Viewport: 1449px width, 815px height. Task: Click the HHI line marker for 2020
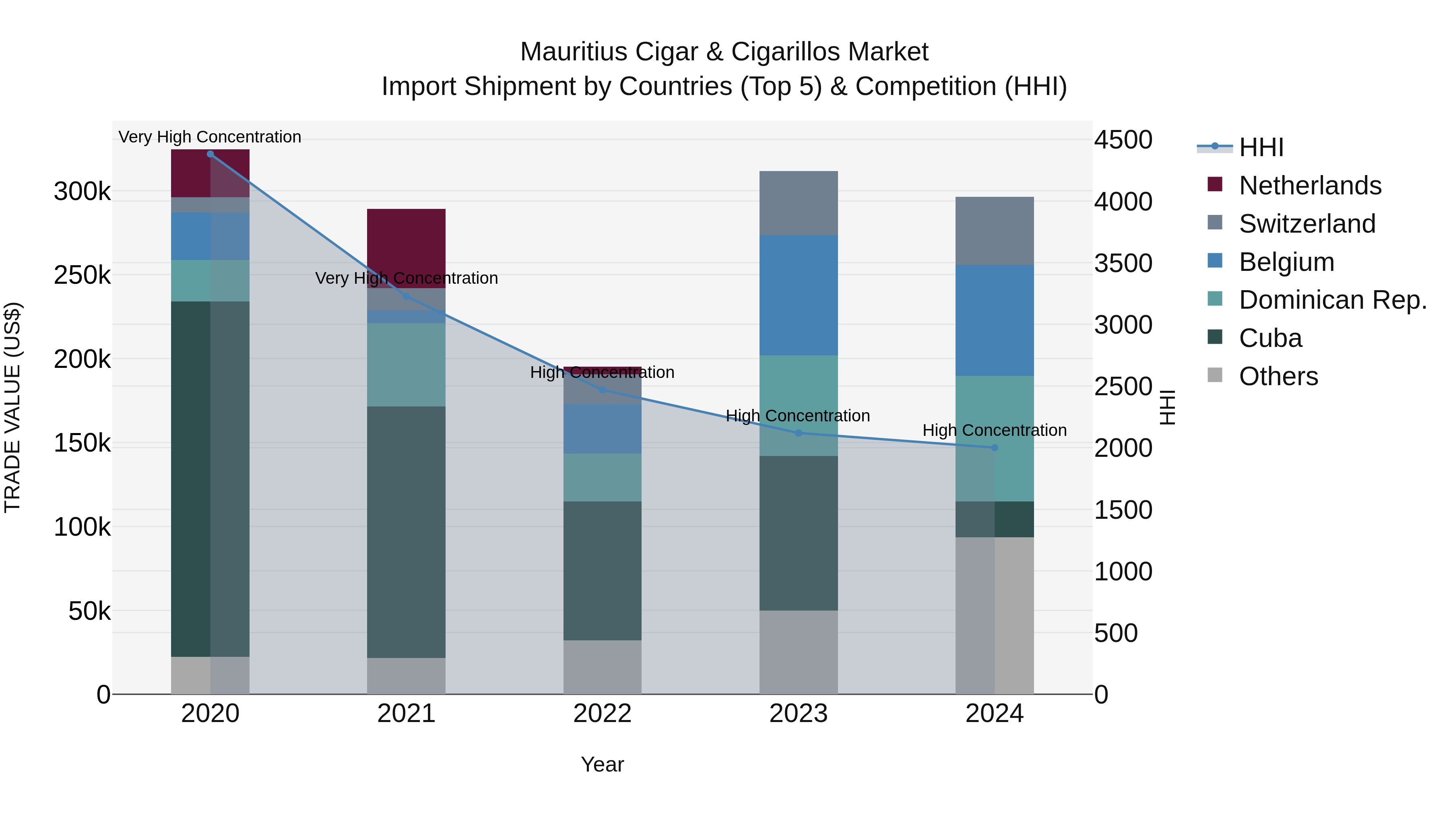[211, 154]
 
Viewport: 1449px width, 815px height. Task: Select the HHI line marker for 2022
[603, 390]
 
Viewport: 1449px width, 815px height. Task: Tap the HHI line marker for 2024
[995, 448]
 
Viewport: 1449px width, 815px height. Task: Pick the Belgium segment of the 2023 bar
[798, 295]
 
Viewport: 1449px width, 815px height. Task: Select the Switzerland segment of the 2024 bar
[995, 231]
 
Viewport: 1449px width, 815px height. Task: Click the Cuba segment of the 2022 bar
[603, 571]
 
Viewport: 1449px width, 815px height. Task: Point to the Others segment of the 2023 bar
[798, 652]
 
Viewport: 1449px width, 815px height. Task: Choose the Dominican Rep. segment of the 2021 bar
[406, 365]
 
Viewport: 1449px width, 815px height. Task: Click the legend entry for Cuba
[1270, 338]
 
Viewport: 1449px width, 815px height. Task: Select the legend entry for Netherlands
[1309, 186]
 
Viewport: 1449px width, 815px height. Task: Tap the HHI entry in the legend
[1261, 147]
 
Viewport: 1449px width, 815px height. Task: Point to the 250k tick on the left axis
[82, 276]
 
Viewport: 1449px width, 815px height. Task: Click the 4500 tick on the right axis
[1123, 140]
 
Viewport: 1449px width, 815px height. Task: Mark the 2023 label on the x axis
[798, 714]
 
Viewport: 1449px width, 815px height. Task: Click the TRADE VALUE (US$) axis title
[12, 407]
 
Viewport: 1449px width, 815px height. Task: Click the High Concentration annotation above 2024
[995, 430]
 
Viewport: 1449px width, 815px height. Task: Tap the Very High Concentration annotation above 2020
[210, 137]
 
